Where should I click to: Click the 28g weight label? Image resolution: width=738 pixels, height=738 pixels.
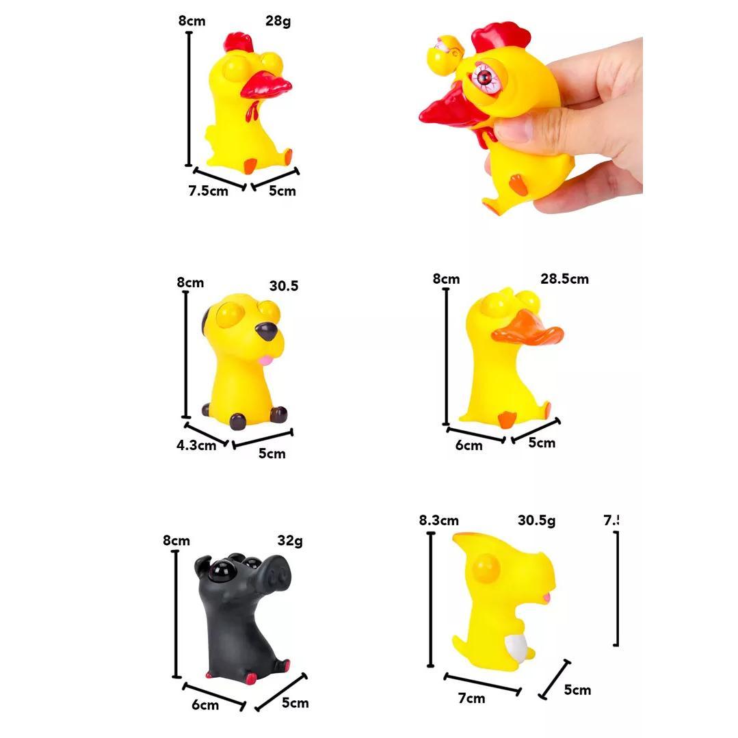(x=278, y=21)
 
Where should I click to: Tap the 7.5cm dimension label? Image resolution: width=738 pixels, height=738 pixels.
(x=208, y=191)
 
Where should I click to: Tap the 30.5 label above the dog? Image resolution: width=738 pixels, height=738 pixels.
(x=283, y=286)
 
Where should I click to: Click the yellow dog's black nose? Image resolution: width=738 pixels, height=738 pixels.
(x=267, y=332)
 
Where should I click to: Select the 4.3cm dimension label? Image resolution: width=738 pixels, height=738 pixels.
(x=196, y=445)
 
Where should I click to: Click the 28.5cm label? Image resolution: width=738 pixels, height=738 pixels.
(x=564, y=279)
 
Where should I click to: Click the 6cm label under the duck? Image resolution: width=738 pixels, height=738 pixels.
(x=469, y=445)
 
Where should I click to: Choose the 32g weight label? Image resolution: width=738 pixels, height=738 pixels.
(x=289, y=541)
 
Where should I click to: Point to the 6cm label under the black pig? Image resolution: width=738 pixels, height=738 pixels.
(x=205, y=704)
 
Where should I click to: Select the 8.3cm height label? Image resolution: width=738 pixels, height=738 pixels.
(x=438, y=520)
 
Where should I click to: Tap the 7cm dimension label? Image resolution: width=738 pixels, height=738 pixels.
(x=471, y=698)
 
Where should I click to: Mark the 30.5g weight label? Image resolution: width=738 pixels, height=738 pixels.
(x=536, y=520)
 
